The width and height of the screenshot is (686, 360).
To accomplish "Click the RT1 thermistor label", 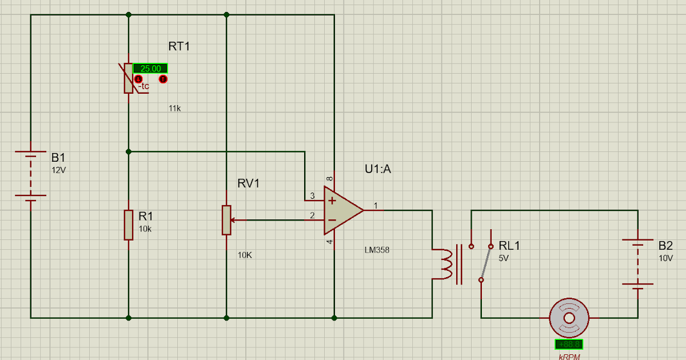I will pos(179,46).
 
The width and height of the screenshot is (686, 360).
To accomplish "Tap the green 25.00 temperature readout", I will pos(150,69).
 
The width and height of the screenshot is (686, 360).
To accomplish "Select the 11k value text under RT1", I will pos(174,108).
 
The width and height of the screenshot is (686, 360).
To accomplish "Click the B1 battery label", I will pos(59,158).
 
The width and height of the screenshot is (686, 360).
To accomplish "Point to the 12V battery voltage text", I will pos(59,170).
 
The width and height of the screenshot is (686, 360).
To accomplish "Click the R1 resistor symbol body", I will pos(129,225).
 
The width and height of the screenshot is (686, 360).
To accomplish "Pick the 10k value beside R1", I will pos(145,229).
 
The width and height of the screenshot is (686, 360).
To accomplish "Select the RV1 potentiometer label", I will pos(249,183).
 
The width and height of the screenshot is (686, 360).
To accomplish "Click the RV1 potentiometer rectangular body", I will pos(227,220).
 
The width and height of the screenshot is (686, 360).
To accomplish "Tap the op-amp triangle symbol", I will pos(341,210).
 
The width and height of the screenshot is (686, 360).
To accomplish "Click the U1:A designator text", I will pos(378,169).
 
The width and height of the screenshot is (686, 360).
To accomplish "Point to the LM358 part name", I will pos(377,250).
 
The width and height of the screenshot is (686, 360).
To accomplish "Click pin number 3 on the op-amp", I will pos(312,196).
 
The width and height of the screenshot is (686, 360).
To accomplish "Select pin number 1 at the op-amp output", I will pos(376,205).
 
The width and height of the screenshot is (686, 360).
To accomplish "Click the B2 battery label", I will pos(665,246).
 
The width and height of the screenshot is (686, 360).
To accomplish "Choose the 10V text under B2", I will pos(665,258).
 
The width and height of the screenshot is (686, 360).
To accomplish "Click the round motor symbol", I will pos(569,318).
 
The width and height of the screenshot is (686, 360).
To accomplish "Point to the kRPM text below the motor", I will pos(569,356).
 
